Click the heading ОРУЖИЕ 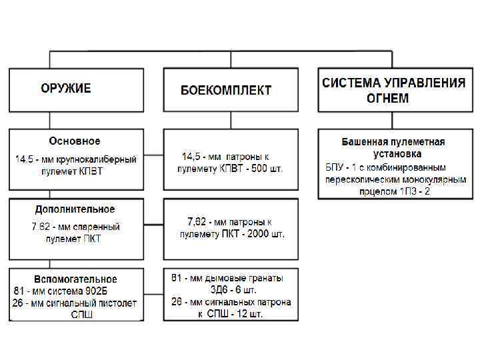[65, 89]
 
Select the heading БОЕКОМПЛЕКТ [226, 91]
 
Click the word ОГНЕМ [387, 99]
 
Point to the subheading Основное [75, 141]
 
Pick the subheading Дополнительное [75, 209]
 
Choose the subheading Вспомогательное [75, 279]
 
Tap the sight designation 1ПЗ [409, 191]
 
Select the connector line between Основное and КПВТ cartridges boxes [153, 157]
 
